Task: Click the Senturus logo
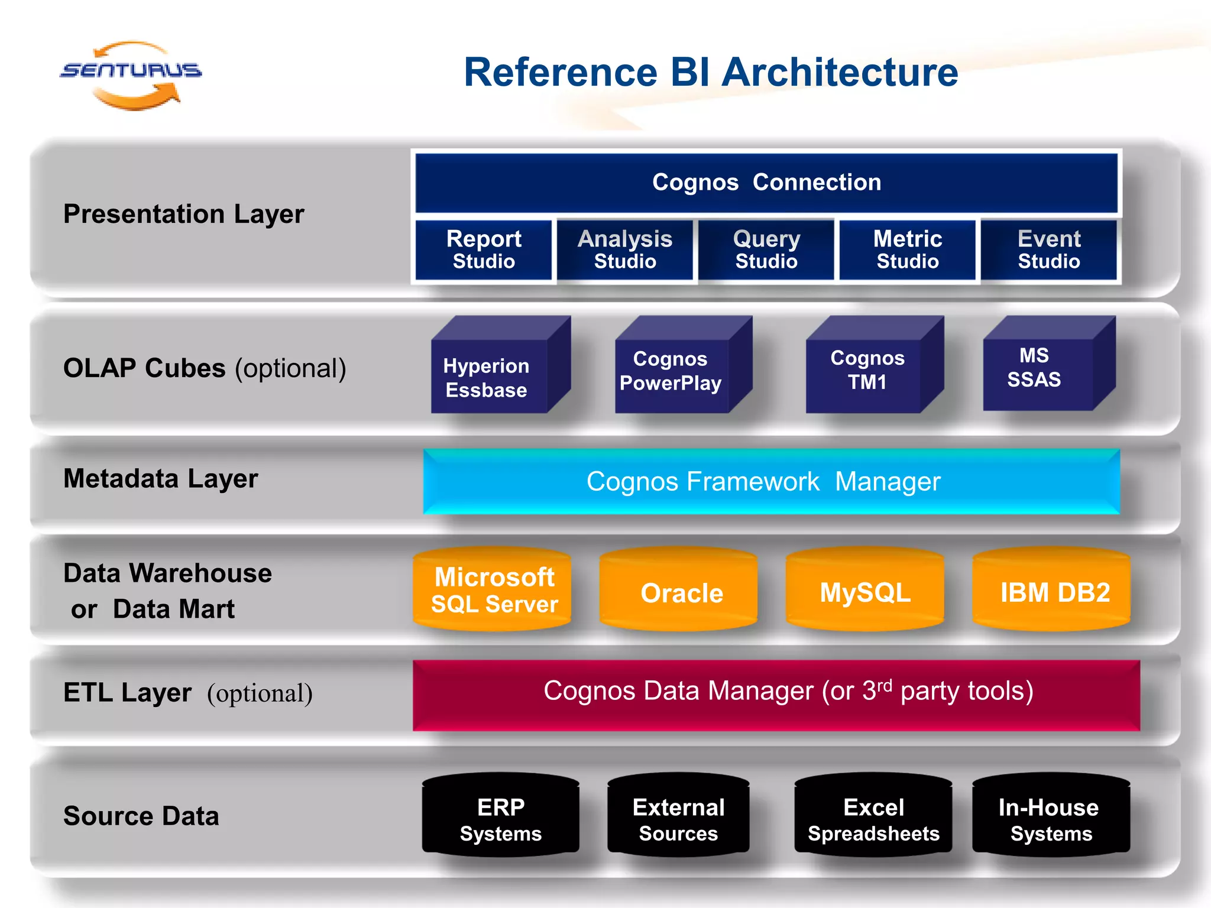click(131, 73)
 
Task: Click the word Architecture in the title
click(840, 72)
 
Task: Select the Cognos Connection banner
click(766, 183)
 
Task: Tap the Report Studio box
click(484, 249)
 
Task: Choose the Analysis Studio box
click(625, 249)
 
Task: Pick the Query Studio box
click(766, 249)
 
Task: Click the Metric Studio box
click(907, 249)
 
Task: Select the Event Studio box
click(1048, 249)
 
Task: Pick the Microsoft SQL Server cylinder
click(492, 590)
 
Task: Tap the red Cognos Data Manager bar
click(776, 694)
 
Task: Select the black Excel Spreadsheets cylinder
click(873, 818)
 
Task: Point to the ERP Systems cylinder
click(500, 818)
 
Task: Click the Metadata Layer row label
click(161, 479)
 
